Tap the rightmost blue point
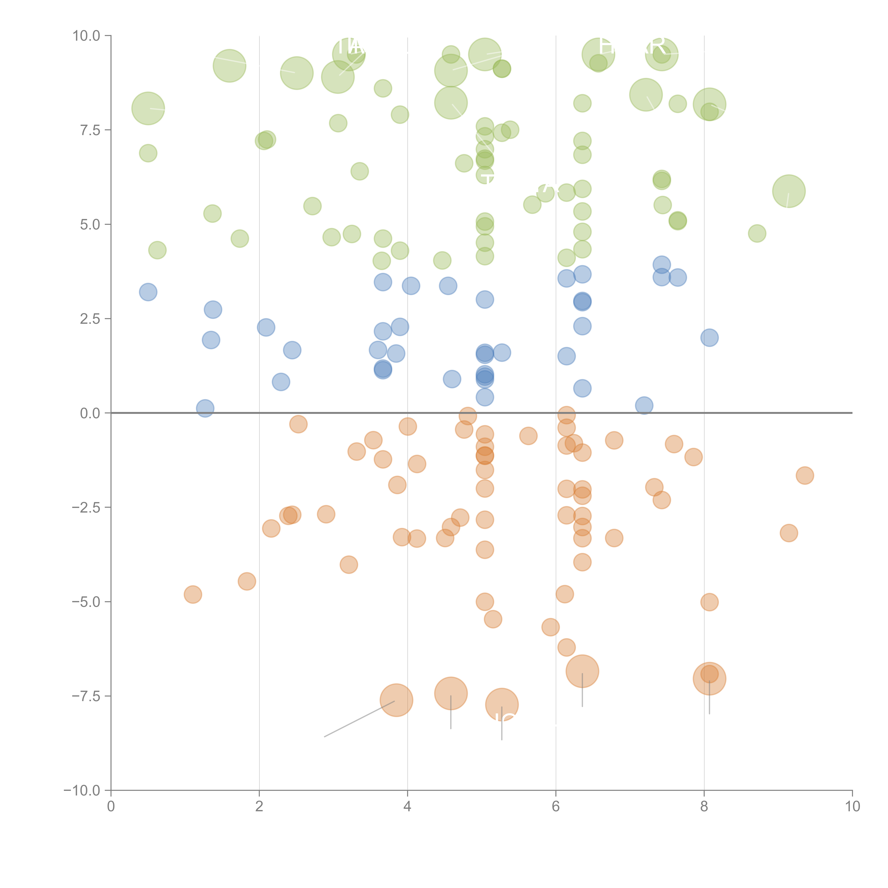tap(709, 338)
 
